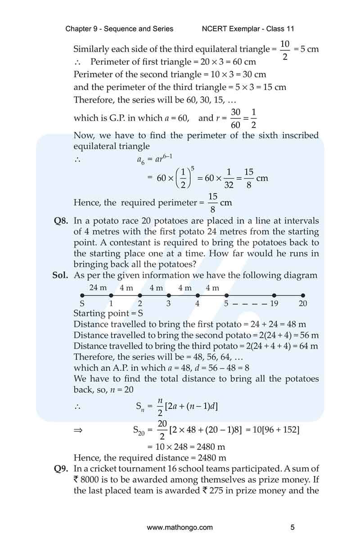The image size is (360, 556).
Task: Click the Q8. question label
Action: coord(61,221)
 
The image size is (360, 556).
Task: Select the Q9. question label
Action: coord(61,469)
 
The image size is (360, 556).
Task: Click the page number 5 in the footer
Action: coord(292,527)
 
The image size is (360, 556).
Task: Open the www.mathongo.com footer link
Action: coord(180,527)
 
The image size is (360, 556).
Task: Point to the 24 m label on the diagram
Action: coord(98,288)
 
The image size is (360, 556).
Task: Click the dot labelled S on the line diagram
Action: coord(82,296)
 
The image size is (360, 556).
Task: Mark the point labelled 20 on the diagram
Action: coord(303,296)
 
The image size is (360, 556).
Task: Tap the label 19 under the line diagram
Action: coord(274,304)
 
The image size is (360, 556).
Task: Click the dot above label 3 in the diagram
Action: coord(169,296)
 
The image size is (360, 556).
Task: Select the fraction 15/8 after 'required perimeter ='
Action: coord(213,203)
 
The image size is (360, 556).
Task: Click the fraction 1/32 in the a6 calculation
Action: coord(229,178)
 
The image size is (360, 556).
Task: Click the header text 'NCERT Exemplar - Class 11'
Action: coord(248,29)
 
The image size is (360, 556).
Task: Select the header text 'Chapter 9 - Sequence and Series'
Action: coord(119,29)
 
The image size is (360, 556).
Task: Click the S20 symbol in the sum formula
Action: coord(142,430)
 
